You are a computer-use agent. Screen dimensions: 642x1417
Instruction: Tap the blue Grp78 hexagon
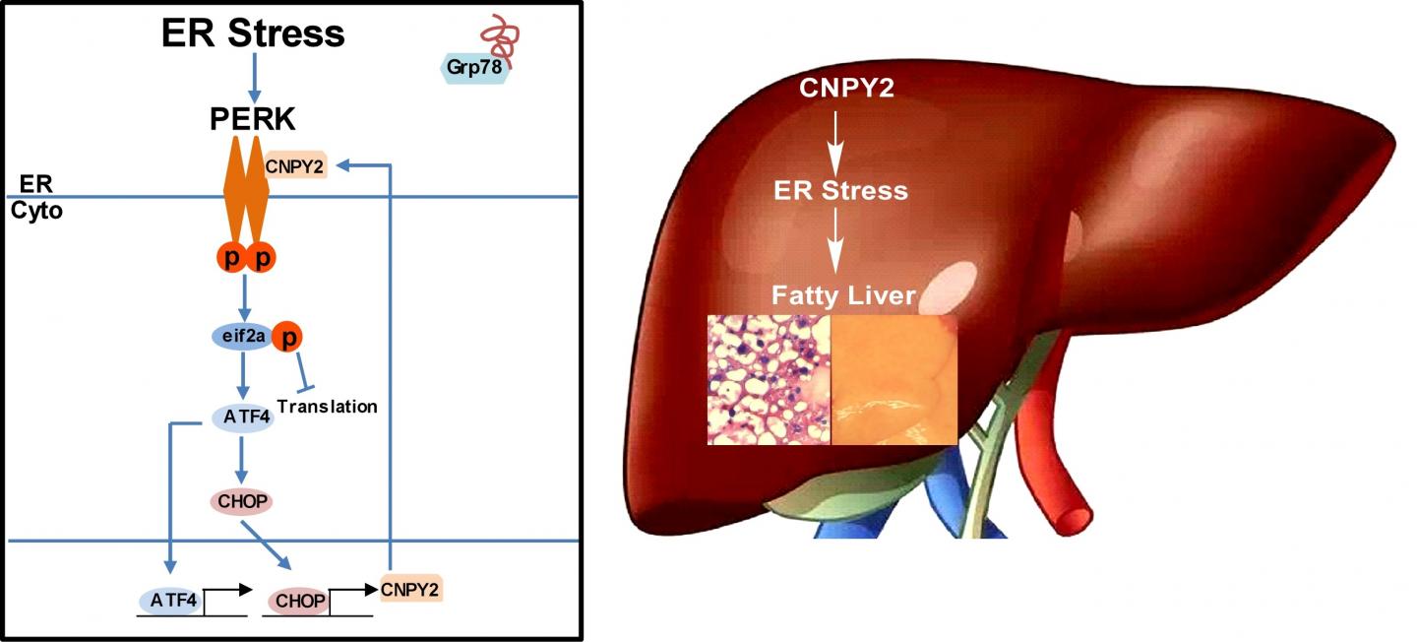pos(473,69)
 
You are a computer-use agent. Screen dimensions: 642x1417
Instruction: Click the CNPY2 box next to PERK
pos(293,166)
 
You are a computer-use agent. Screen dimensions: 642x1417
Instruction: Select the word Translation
pos(327,406)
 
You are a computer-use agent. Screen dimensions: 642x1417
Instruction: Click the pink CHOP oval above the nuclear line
pos(241,500)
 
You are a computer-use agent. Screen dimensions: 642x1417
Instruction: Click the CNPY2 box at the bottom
pos(410,588)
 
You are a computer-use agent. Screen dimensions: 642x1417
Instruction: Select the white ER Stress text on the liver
pos(839,189)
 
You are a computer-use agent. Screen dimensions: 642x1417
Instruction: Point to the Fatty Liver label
pos(842,294)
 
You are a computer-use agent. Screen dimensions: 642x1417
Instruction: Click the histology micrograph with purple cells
pos(770,379)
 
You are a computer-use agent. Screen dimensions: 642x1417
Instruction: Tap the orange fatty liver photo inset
pos(893,379)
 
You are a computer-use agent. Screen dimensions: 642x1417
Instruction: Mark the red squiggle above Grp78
pos(499,36)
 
